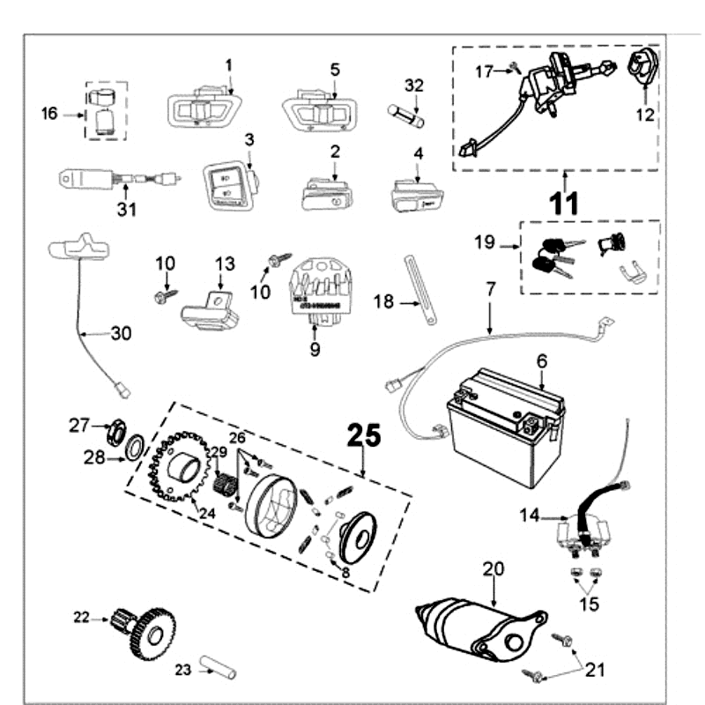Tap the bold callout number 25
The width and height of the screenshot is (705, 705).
click(365, 434)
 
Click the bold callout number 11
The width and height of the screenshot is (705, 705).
click(563, 204)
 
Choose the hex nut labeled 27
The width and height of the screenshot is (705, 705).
click(112, 431)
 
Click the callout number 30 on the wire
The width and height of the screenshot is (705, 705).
click(121, 333)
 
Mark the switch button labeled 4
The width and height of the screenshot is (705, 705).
click(417, 192)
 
